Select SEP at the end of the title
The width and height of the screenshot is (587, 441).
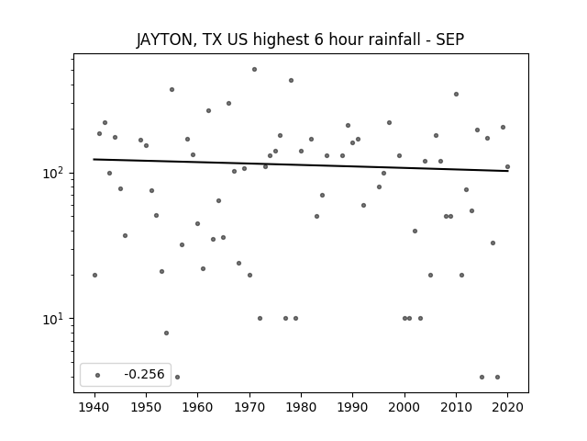pyautogui.click(x=450, y=40)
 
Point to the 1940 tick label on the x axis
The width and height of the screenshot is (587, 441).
pyautogui.click(x=94, y=407)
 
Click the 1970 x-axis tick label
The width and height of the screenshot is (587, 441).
pyautogui.click(x=249, y=407)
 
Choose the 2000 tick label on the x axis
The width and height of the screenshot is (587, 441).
pyautogui.click(x=404, y=407)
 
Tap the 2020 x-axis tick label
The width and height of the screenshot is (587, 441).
pyautogui.click(x=507, y=407)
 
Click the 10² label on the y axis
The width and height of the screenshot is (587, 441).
pyautogui.click(x=55, y=173)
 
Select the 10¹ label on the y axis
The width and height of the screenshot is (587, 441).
pyautogui.click(x=55, y=319)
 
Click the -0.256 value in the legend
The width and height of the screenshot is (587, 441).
pyautogui.click(x=144, y=374)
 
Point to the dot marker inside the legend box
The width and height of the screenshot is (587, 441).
pyautogui.click(x=98, y=375)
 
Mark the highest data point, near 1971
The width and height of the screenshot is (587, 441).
pyautogui.click(x=255, y=70)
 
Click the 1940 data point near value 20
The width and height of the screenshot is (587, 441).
pyautogui.click(x=94, y=276)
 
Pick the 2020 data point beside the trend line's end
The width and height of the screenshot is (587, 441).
pyautogui.click(x=507, y=167)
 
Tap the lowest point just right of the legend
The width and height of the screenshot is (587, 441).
pyautogui.click(x=177, y=378)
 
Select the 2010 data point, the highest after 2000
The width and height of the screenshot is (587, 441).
pyautogui.click(x=456, y=94)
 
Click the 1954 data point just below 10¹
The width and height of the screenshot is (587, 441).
pyautogui.click(x=167, y=333)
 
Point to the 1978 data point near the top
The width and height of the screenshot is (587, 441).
pyautogui.click(x=291, y=80)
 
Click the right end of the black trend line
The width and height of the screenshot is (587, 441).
pyautogui.click(x=508, y=171)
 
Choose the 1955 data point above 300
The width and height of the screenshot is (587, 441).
pyautogui.click(x=172, y=90)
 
